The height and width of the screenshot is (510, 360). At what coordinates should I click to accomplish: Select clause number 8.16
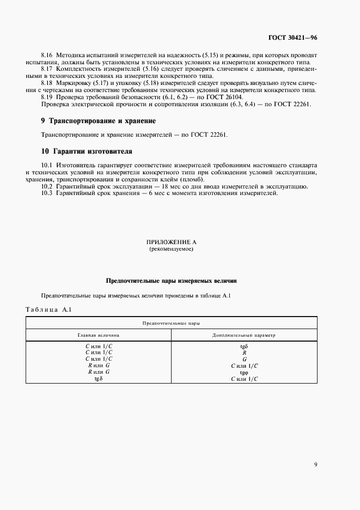(x=47, y=56)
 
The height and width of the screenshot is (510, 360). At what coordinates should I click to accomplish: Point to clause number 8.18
(x=47, y=83)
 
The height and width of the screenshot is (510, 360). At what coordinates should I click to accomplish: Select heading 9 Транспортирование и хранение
(x=99, y=120)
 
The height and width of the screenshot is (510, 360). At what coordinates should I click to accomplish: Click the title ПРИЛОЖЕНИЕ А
(x=171, y=241)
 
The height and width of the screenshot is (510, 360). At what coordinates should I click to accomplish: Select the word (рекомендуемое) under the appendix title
(x=171, y=249)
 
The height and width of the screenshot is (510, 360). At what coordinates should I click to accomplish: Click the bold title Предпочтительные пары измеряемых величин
(x=171, y=281)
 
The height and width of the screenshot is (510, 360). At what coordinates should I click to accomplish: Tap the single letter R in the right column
(x=245, y=353)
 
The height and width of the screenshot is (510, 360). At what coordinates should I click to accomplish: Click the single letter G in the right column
(x=245, y=359)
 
